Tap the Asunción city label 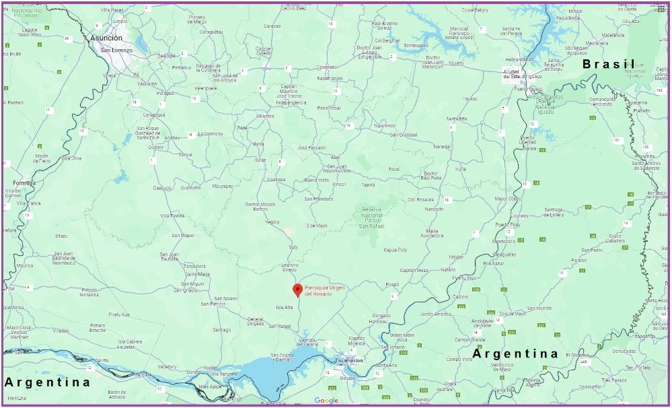point(106,38)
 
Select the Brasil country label point(608,64)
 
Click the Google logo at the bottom point(326,401)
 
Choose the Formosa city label point(24,182)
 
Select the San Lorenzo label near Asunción point(114,50)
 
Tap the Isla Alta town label point(285,307)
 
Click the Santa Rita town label point(457,118)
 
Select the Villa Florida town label point(172,215)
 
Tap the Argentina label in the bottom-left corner point(47,382)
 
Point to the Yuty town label point(293,247)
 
